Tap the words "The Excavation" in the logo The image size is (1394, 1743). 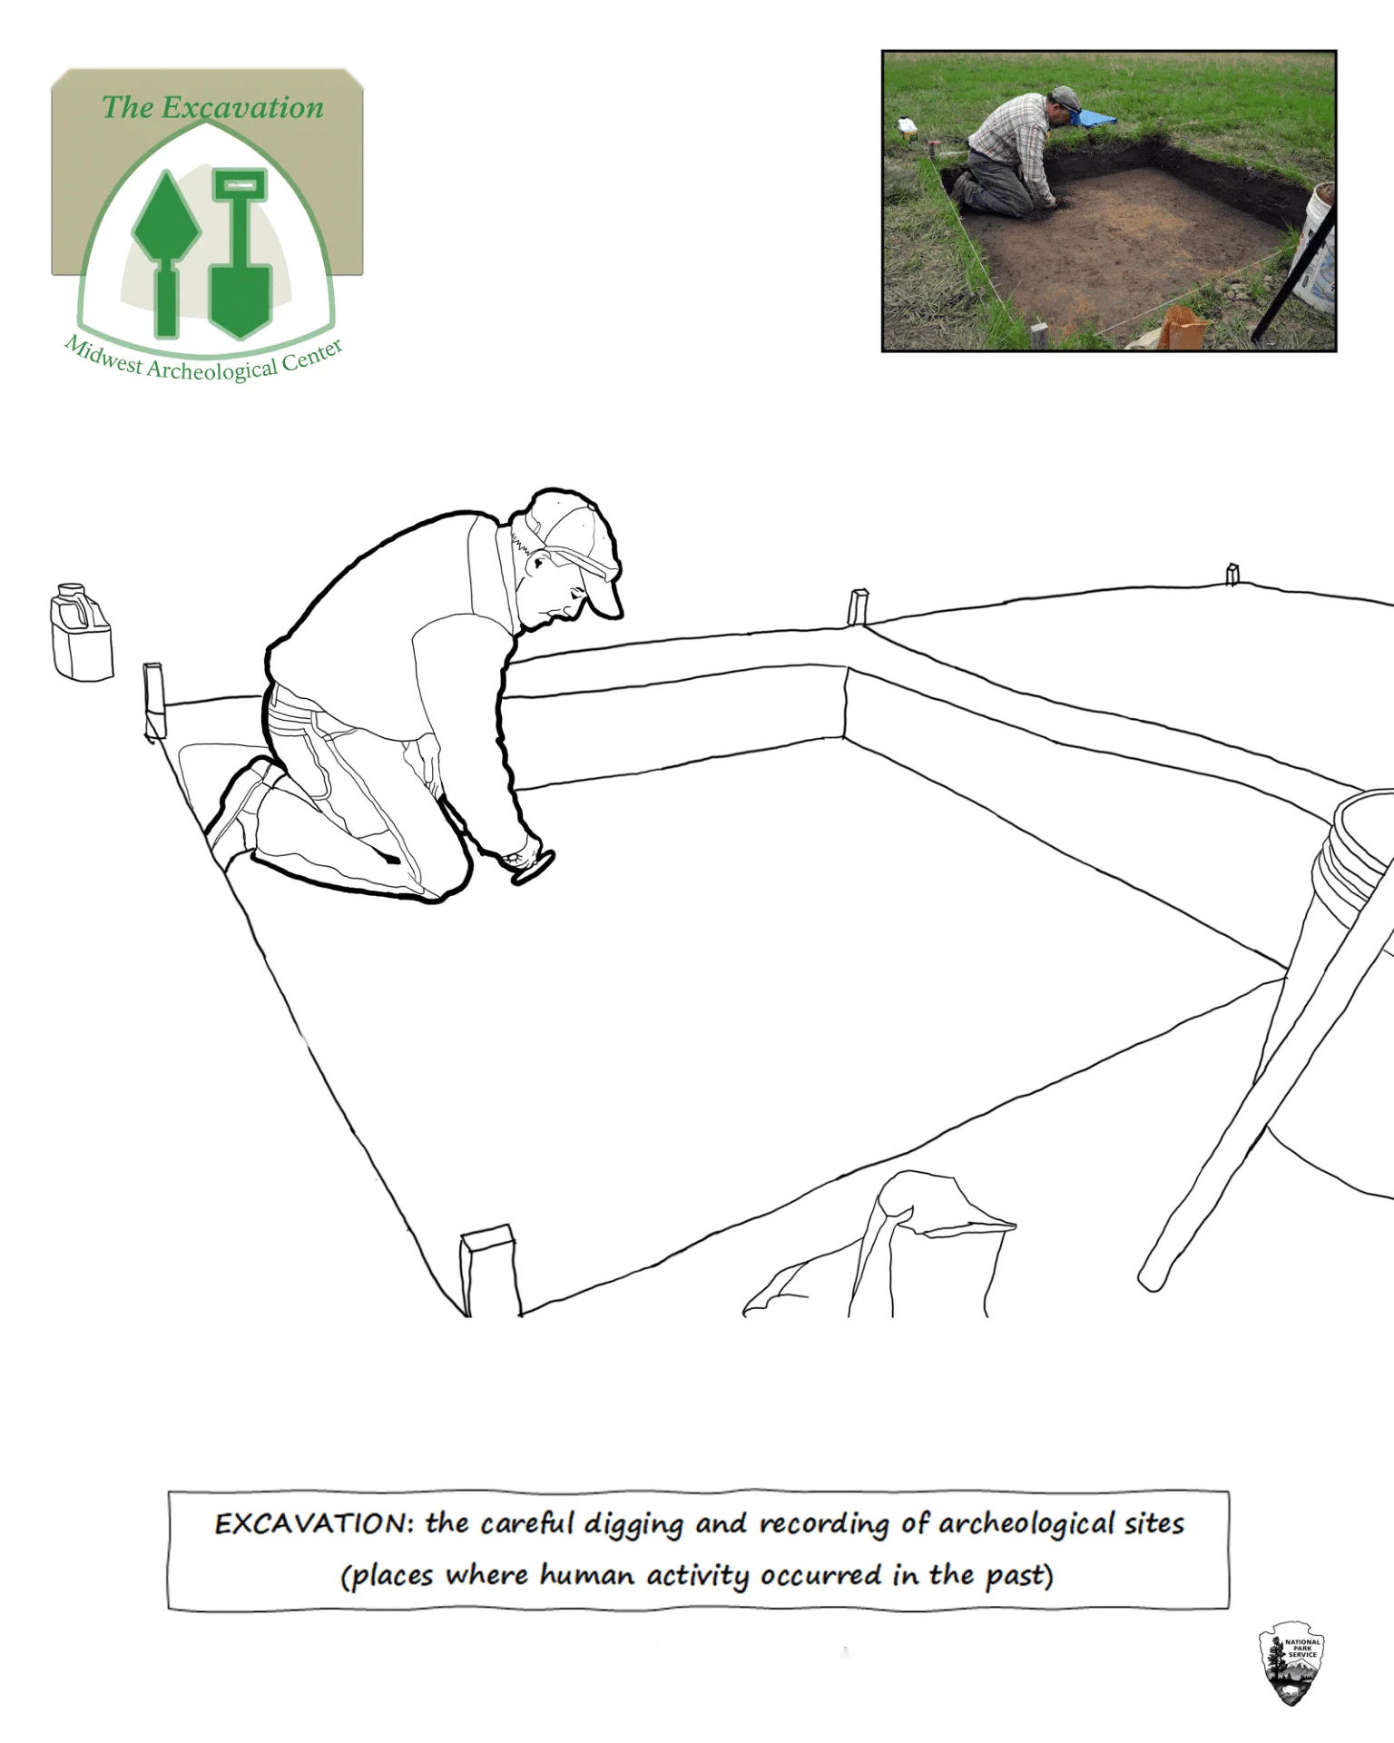coord(212,107)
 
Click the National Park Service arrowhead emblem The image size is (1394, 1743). coord(1291,1663)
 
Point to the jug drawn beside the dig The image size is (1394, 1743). coord(82,633)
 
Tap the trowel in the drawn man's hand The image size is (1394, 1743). coord(534,868)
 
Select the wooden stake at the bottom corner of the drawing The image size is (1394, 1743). coord(490,1270)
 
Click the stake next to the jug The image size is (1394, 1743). coord(154,702)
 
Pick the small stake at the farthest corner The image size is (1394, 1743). coord(1232,574)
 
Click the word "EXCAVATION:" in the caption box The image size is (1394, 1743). coord(314,1524)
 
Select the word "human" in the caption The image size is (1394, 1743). coord(586,1574)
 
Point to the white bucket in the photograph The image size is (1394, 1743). coord(1315,245)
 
